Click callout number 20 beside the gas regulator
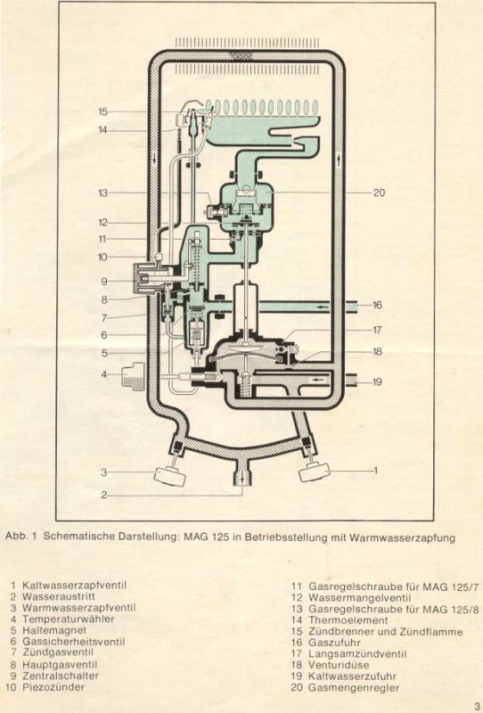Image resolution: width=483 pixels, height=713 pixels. (x=379, y=193)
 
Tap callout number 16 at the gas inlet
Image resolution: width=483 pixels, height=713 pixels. (x=378, y=305)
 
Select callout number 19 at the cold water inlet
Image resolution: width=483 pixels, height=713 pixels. (x=378, y=382)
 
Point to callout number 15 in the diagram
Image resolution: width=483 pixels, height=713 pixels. (x=102, y=111)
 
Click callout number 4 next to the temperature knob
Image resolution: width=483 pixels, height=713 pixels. (x=103, y=374)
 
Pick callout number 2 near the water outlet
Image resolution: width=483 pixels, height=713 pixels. (x=103, y=495)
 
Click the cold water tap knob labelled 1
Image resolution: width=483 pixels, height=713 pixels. (x=314, y=472)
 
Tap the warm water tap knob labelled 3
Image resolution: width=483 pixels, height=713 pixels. (x=170, y=475)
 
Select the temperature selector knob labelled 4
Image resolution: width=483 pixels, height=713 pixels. (x=133, y=376)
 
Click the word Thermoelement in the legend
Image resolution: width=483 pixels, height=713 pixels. (x=348, y=620)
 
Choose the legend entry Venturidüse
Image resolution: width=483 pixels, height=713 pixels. (x=339, y=665)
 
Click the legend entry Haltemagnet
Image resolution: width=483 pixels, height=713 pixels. (x=54, y=630)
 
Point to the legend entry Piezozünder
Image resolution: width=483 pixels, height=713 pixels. (x=53, y=686)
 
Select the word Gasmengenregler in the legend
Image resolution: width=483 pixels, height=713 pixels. (x=354, y=687)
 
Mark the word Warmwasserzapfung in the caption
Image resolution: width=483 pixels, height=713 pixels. (x=402, y=538)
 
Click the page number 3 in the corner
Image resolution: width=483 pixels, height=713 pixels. (x=476, y=706)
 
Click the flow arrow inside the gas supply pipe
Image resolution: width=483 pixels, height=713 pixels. (x=323, y=307)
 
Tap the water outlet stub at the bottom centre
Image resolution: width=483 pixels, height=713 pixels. (x=242, y=477)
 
